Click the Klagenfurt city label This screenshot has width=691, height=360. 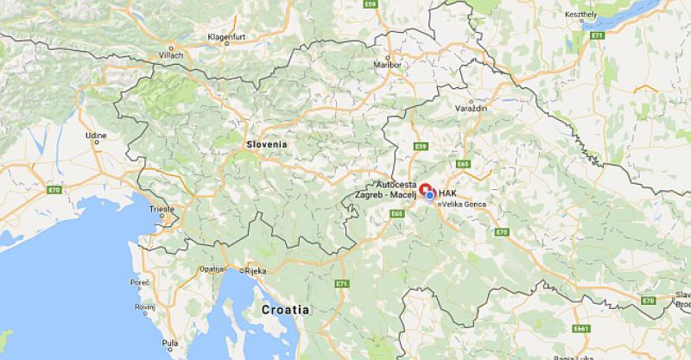(x=228, y=37)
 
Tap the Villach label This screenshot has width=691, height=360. (x=171, y=55)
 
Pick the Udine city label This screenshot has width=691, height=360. (x=96, y=136)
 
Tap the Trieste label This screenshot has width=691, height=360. (x=162, y=209)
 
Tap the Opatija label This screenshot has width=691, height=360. (x=211, y=268)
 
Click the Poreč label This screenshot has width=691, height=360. (x=140, y=282)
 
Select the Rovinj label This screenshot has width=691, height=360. (x=144, y=306)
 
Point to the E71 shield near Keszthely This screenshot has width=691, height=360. (x=596, y=36)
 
